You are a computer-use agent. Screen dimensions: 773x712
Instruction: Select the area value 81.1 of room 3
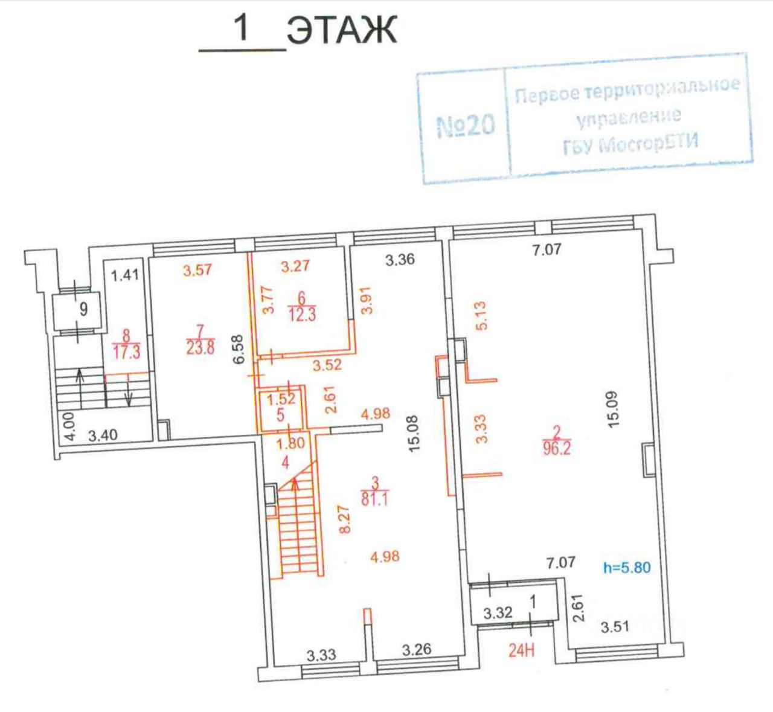pos(376,500)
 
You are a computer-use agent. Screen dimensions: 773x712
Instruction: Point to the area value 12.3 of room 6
pos(303,314)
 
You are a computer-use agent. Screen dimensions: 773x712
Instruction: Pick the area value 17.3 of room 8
pos(127,352)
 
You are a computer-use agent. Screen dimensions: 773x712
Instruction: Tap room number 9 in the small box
pos(83,309)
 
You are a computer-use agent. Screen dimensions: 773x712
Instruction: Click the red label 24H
pos(522,652)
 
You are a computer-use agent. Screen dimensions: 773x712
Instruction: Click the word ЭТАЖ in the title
pos(342,31)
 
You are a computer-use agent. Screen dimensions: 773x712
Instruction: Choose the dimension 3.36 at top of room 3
pos(400,260)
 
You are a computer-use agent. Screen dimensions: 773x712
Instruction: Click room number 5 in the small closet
pos(280,416)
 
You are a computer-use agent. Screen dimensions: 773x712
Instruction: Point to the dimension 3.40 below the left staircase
pos(104,435)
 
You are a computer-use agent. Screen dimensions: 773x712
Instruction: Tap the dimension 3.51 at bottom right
pos(615,626)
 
